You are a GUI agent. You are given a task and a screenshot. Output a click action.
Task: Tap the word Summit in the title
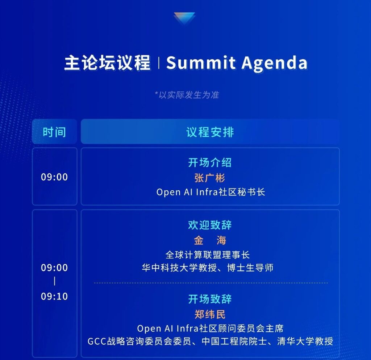tap(201, 63)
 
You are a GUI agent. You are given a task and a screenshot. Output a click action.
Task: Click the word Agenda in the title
tap(275, 64)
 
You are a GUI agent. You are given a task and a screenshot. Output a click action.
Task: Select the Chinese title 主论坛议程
tap(107, 63)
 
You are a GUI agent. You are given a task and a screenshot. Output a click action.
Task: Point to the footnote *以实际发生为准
tap(187, 95)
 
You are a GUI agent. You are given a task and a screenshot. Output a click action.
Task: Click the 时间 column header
tap(54, 132)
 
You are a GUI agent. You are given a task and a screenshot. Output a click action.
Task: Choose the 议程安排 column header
tap(210, 132)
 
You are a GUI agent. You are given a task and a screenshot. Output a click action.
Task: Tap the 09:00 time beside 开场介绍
tap(54, 177)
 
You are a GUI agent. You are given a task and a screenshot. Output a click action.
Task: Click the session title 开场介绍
tap(210, 163)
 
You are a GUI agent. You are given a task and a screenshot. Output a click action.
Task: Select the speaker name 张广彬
tap(210, 178)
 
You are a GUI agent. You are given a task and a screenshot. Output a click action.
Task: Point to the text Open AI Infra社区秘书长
tap(210, 192)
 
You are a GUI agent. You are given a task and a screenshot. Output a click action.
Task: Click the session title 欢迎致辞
tap(210, 225)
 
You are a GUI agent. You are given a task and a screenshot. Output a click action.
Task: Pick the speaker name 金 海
tap(210, 240)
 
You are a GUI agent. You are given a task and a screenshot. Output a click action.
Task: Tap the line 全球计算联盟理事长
tap(208, 255)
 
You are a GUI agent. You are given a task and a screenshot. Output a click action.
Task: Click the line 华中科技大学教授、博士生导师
tap(208, 268)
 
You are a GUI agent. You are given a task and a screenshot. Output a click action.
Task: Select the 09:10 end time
tap(54, 296)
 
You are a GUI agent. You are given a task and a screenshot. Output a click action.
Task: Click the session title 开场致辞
tap(210, 299)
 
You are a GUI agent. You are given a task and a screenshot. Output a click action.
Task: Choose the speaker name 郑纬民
tap(210, 314)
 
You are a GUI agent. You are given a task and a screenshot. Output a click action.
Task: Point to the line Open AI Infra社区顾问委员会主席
tap(210, 328)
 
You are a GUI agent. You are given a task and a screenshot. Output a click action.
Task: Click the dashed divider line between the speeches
tap(211, 283)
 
